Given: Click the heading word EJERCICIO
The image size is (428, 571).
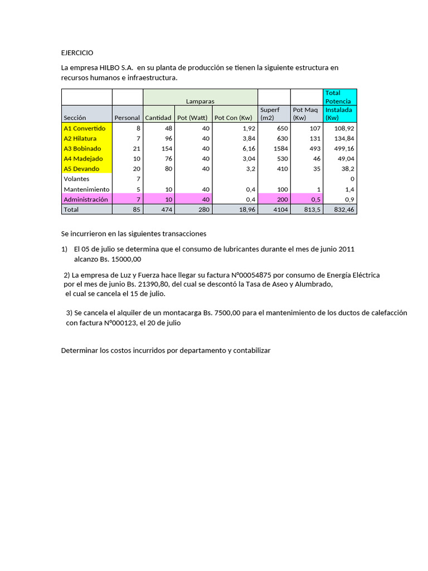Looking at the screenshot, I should pos(77,52).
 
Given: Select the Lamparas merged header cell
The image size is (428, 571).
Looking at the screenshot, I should pos(200,101).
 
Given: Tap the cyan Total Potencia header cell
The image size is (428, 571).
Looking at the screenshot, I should pos(340,97).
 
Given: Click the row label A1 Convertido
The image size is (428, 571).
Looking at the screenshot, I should pos(85,128).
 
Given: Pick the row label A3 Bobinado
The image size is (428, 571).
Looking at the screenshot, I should pos(82,149).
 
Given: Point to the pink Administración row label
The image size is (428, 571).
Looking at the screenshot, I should pos(85,199).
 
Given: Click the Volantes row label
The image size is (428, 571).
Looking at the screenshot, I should pos(76,179).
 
